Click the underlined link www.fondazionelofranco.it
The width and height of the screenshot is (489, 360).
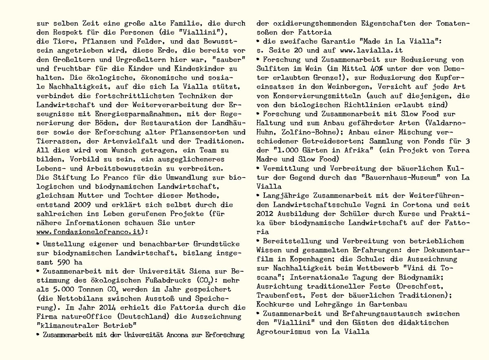click(x=89, y=232)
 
